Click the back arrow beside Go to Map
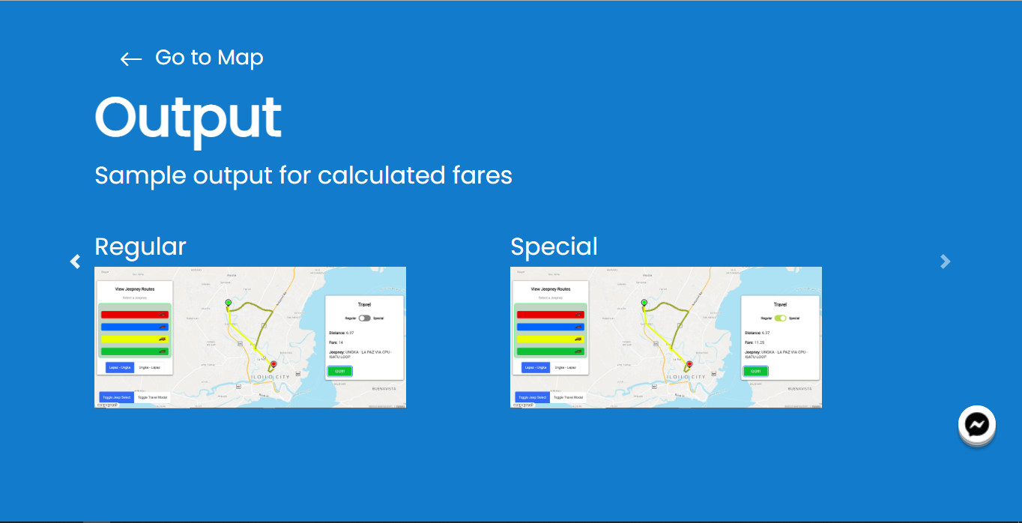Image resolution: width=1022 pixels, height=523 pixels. [131, 59]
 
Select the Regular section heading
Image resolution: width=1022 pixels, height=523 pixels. [140, 247]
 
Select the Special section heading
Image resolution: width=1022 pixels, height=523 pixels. [554, 247]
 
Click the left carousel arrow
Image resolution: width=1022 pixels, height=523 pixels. [75, 261]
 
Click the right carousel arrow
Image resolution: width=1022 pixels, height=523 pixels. [946, 261]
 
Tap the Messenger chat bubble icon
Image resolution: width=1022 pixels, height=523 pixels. [976, 425]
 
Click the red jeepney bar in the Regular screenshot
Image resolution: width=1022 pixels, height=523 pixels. [135, 315]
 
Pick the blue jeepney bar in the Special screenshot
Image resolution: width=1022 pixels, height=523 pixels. [551, 327]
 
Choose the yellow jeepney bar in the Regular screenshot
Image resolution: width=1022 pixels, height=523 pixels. [135, 339]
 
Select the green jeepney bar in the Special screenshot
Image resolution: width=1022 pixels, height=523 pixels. [551, 351]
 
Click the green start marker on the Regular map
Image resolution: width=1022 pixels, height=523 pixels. [229, 303]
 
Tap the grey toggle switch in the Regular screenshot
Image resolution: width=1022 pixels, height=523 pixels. [365, 318]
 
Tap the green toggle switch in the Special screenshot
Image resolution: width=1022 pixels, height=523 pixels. [781, 318]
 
